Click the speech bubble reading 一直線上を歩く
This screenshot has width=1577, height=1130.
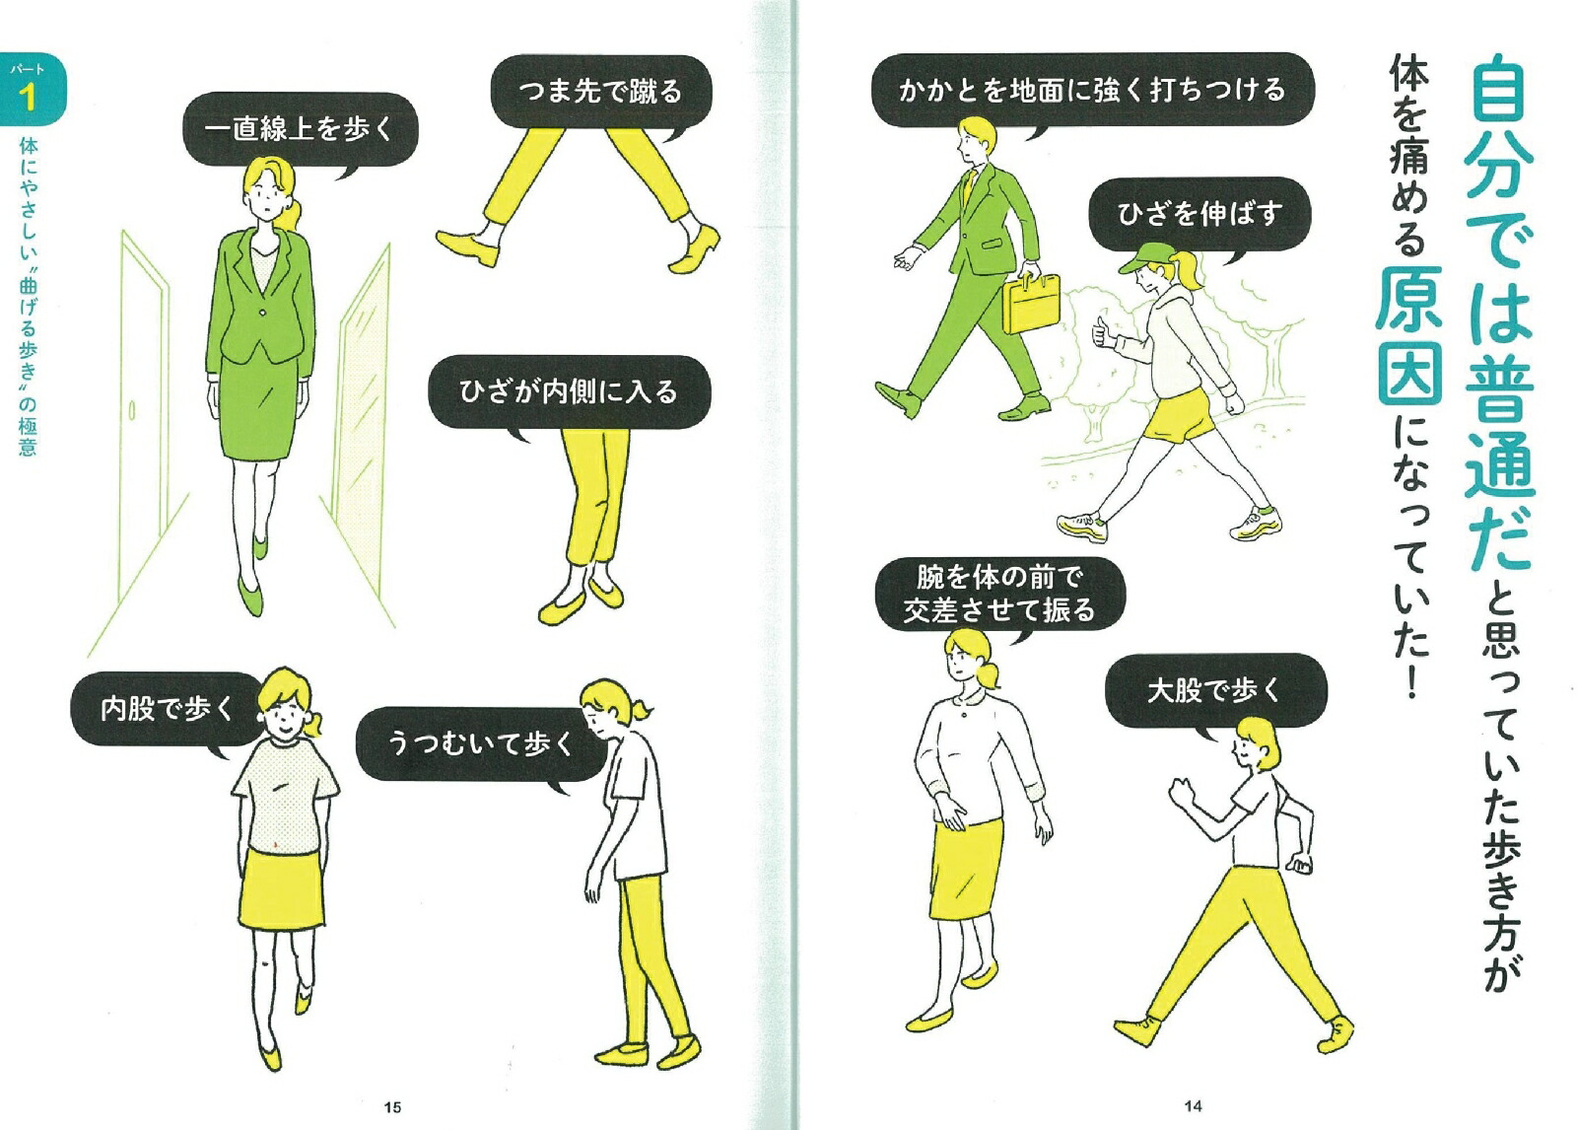tap(300, 129)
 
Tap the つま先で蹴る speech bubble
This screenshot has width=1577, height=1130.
tap(600, 92)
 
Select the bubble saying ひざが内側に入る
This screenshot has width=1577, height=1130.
tap(569, 392)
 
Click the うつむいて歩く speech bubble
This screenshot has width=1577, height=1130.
tap(480, 743)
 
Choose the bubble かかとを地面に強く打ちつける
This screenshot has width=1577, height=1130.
tap(1092, 90)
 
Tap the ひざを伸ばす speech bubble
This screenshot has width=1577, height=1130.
tap(1200, 213)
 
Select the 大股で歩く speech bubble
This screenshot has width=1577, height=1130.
tap(1214, 690)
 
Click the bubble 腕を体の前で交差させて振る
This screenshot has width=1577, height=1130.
tap(999, 594)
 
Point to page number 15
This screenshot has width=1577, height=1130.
tap(392, 1107)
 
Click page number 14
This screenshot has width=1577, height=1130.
tap(1193, 1106)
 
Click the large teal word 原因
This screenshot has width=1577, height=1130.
tap(1409, 335)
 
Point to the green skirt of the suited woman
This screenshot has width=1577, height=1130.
tap(257, 409)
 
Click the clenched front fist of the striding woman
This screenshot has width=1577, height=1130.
tap(1180, 790)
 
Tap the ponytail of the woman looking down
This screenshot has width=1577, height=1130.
tap(642, 709)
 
